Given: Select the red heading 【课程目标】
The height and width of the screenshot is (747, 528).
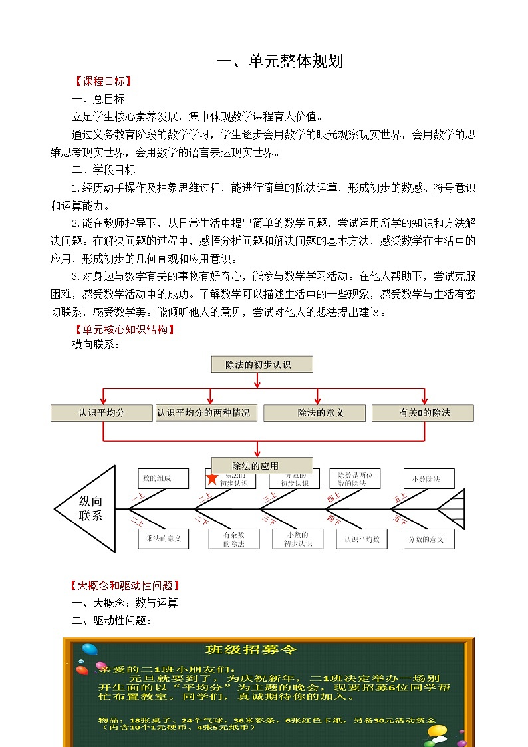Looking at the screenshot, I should (x=102, y=82).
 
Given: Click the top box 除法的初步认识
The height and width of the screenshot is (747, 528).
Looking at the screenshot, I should (x=261, y=364).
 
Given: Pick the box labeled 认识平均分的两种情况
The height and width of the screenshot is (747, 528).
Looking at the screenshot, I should (x=205, y=413).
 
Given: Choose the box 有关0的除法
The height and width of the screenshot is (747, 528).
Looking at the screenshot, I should (x=423, y=413).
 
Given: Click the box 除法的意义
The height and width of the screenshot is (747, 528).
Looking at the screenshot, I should (x=315, y=413).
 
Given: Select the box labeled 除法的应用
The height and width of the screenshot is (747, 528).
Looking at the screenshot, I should (x=261, y=466).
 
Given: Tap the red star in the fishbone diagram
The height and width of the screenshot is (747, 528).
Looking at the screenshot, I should (x=212, y=479).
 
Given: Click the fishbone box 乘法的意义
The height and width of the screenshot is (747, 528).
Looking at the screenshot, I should (x=164, y=539).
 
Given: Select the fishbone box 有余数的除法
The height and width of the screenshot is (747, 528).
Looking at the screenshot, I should (x=233, y=539).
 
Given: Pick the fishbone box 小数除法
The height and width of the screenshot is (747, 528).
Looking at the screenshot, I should (x=429, y=479).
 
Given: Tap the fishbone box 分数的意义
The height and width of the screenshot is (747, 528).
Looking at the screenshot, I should (x=429, y=539).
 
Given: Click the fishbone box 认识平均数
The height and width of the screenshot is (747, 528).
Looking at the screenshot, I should (x=362, y=539).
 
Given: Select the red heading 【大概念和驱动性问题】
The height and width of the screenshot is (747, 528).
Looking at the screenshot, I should (x=126, y=586).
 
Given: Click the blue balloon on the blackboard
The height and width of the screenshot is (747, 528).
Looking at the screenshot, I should (x=88, y=649).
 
